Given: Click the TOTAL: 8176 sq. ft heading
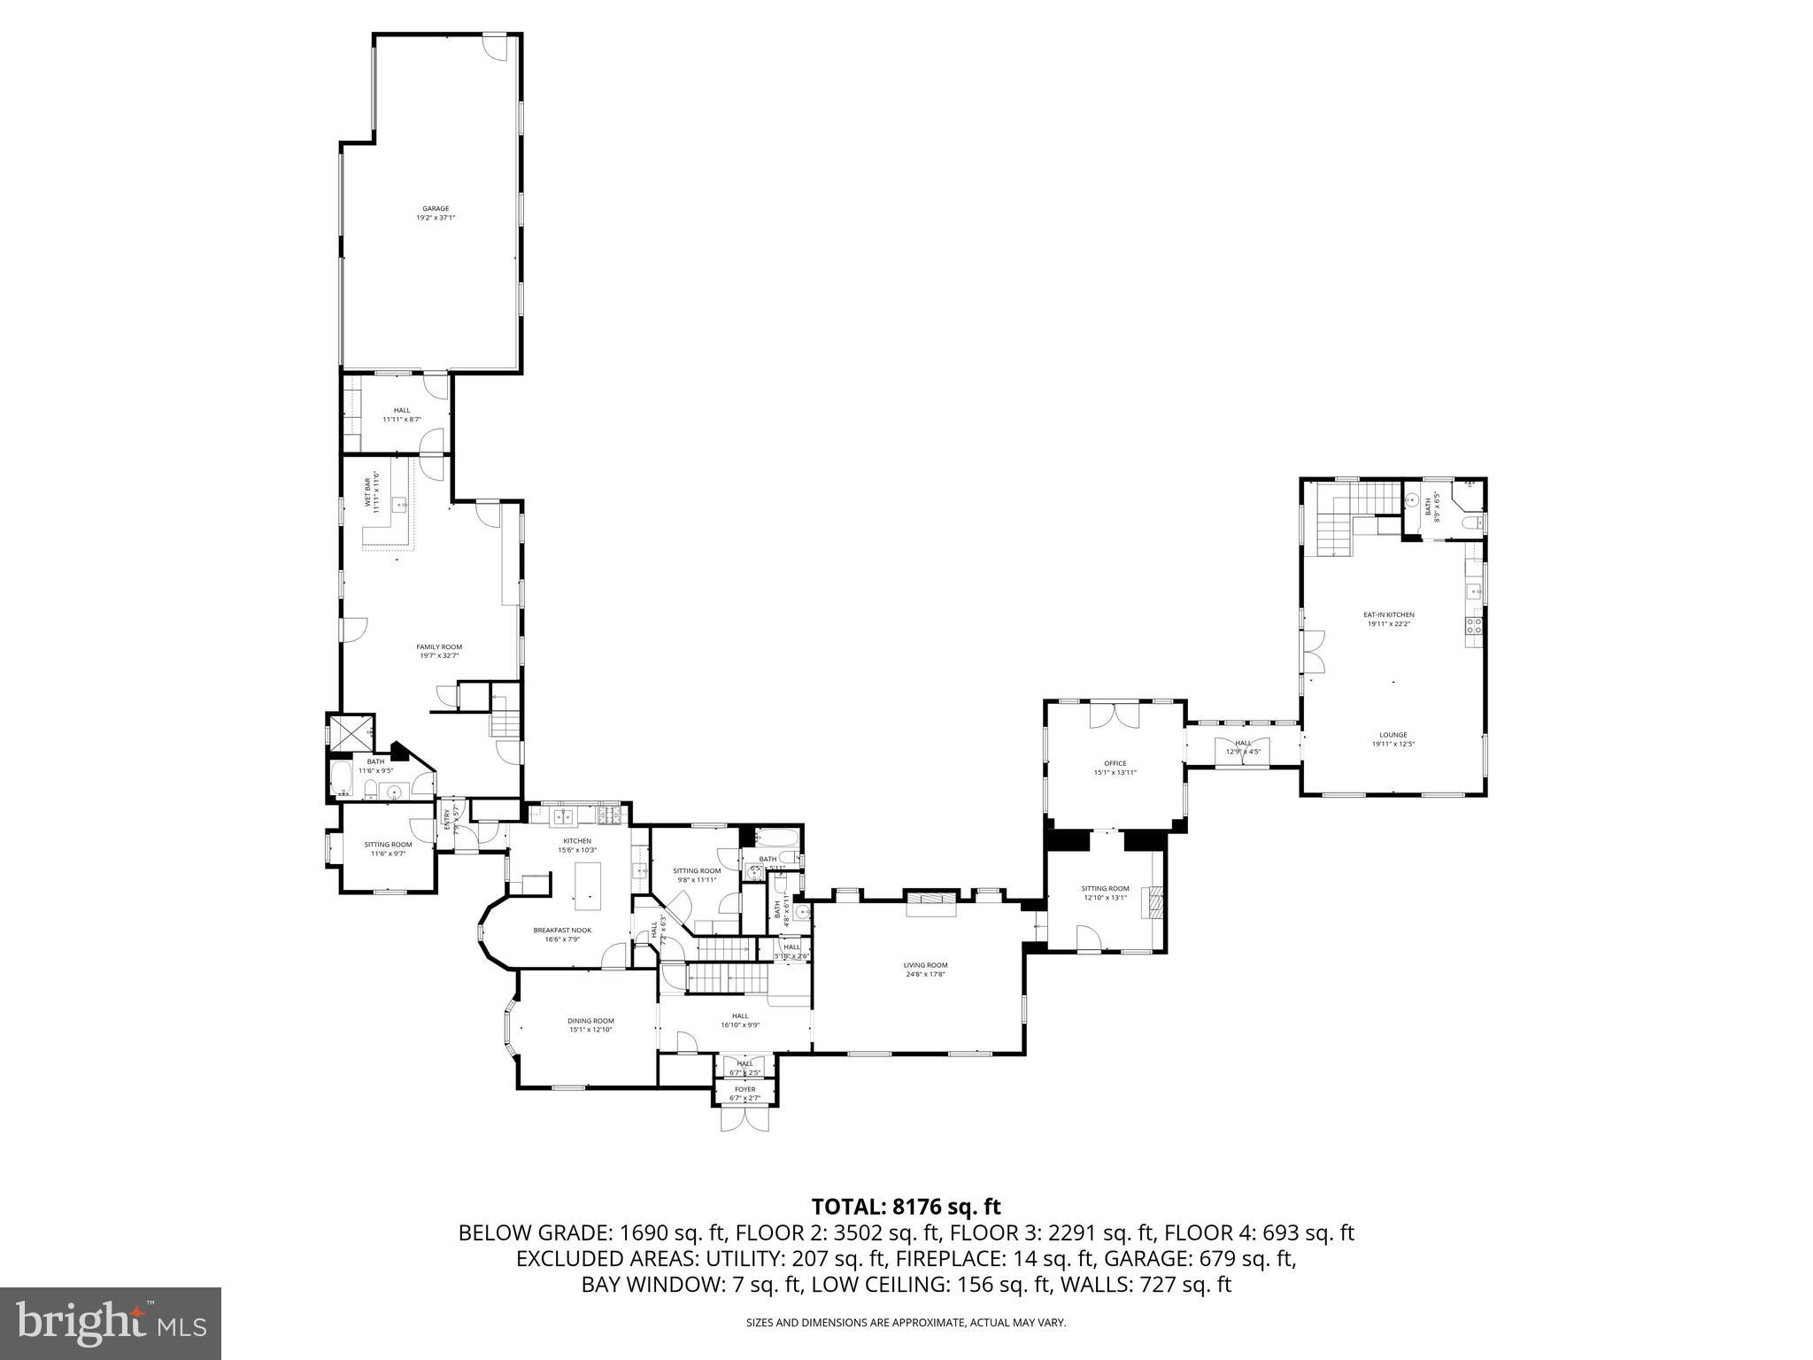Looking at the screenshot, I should point(906,1206).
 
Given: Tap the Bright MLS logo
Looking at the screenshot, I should point(111,1324).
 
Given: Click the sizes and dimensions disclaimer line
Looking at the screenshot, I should point(906,1323).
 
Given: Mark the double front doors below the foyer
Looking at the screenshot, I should point(745,1118).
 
